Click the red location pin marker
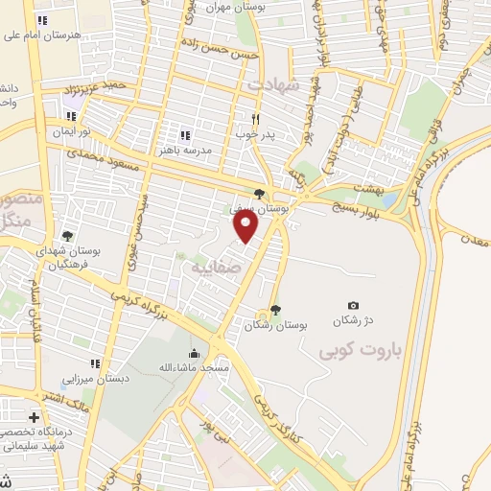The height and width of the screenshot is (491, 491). pyautogui.click(x=246, y=226)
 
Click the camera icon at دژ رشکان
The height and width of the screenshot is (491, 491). pyautogui.click(x=354, y=305)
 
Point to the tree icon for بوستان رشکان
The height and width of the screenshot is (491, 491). pyautogui.click(x=276, y=310)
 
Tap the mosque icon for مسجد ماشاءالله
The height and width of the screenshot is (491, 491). pyautogui.click(x=195, y=353)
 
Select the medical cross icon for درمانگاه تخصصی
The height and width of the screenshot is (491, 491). pyautogui.click(x=35, y=418)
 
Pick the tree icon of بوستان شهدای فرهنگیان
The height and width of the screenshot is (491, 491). pyautogui.click(x=66, y=236)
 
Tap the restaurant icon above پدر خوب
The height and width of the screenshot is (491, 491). pyautogui.click(x=255, y=119)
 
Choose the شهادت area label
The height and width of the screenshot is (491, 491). pyautogui.click(x=276, y=84)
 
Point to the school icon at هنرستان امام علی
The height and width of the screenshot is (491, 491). pyautogui.click(x=40, y=20)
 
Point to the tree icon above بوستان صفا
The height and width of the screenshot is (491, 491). pyautogui.click(x=260, y=194)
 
